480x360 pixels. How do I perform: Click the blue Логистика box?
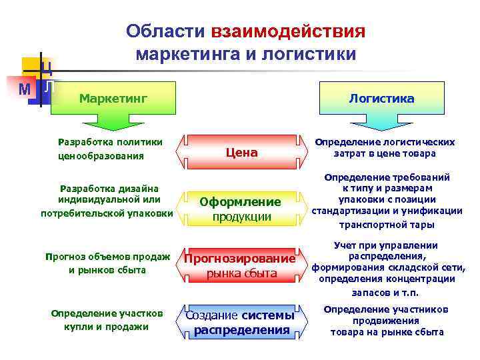click(381, 99)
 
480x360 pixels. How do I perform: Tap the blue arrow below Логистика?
click(381, 125)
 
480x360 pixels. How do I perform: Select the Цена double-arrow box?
click(241, 153)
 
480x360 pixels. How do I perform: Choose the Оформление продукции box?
click(241, 209)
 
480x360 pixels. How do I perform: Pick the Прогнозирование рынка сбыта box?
click(241, 265)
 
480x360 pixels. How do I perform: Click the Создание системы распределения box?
click(241, 322)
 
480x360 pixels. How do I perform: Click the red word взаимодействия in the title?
click(288, 32)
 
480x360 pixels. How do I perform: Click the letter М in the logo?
click(25, 89)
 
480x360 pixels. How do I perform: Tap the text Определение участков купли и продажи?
click(107, 320)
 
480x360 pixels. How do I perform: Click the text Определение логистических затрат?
click(385, 147)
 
